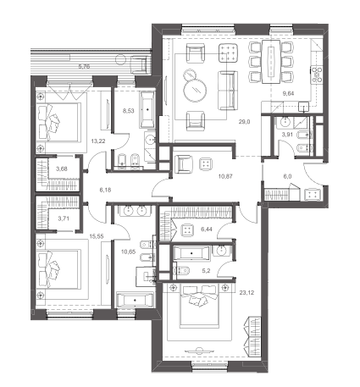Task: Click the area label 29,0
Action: (x=244, y=122)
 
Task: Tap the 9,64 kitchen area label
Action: (x=288, y=93)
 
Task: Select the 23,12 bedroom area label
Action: (x=246, y=293)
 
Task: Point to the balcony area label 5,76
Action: (x=84, y=67)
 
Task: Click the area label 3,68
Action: (x=62, y=169)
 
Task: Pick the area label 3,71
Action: (x=64, y=218)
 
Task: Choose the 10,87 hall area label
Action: (x=225, y=176)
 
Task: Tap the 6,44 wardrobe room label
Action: (x=207, y=229)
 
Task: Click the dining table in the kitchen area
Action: (x=271, y=62)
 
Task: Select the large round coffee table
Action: (x=195, y=90)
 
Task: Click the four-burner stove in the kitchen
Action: (x=317, y=75)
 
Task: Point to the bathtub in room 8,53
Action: (x=147, y=109)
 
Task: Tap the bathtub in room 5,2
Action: (x=191, y=253)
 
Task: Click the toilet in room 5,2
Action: (x=184, y=270)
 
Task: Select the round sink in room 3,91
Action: (x=285, y=122)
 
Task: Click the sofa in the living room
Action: (x=228, y=91)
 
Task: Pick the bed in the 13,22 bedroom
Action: (x=58, y=121)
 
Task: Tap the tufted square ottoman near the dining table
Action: (x=228, y=53)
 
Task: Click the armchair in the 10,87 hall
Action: (x=184, y=163)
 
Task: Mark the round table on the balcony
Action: (x=120, y=61)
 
